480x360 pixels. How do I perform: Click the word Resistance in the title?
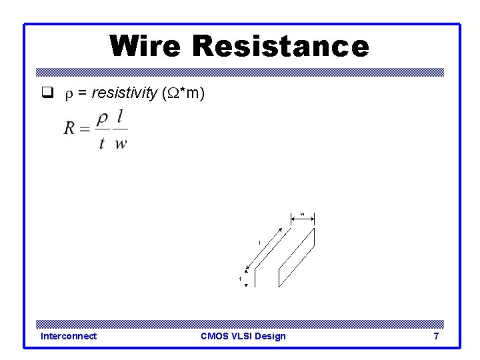[280, 46]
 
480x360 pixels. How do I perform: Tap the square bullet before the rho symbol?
[47, 94]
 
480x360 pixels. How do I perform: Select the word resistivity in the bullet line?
[124, 94]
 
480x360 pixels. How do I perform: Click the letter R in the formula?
[70, 129]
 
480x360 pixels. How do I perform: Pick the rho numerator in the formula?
[102, 118]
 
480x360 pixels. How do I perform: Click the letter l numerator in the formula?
[120, 117]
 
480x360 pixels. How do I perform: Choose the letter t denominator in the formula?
[102, 143]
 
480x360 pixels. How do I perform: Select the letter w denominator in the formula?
[121, 143]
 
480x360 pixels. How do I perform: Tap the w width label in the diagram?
[302, 213]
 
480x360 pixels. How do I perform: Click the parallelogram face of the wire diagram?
[297, 257]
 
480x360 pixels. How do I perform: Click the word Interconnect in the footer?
[69, 336]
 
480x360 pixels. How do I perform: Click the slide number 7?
[436, 336]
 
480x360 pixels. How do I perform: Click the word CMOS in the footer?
[215, 336]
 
